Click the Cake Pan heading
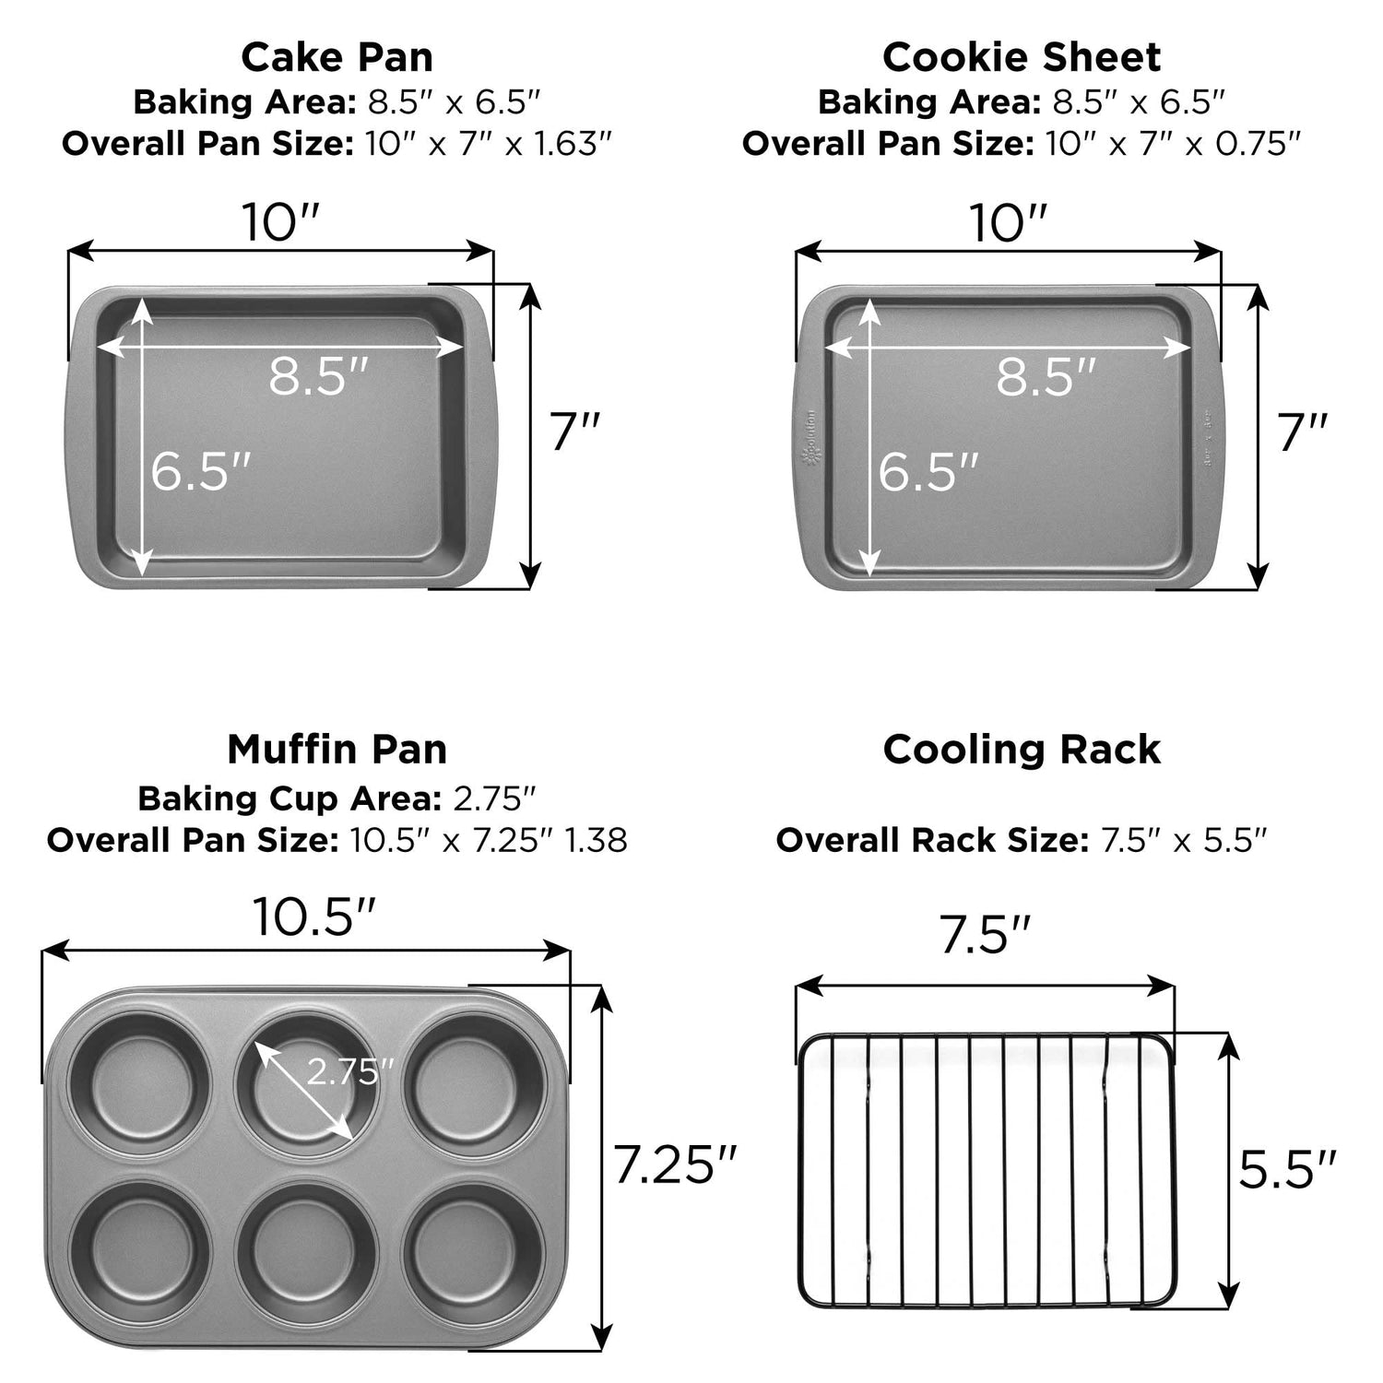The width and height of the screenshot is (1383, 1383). (x=337, y=57)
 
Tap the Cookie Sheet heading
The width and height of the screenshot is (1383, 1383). (x=1022, y=57)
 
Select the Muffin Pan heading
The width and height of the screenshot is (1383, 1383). (x=337, y=750)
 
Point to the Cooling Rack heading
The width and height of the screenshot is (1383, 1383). (x=1022, y=750)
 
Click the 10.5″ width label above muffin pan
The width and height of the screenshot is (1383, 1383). (x=313, y=916)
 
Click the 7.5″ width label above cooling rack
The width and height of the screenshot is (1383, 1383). (x=984, y=935)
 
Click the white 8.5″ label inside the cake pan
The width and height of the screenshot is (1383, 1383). (x=318, y=376)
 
